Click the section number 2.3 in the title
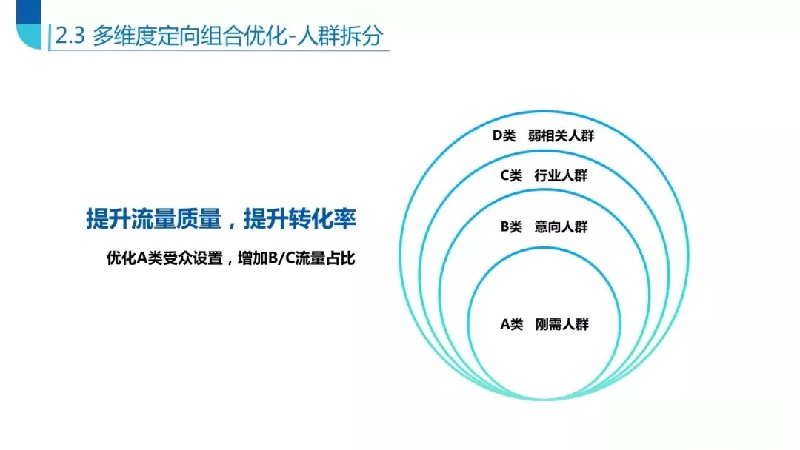click(70, 36)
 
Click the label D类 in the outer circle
click(504, 135)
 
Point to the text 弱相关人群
click(561, 135)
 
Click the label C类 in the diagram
click(511, 176)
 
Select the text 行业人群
click(561, 176)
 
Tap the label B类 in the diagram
click(511, 226)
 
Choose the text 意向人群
click(561, 226)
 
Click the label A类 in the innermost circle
click(511, 324)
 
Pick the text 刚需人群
click(561, 324)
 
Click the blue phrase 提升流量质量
click(153, 219)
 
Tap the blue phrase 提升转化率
click(300, 219)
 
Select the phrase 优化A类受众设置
click(164, 258)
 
